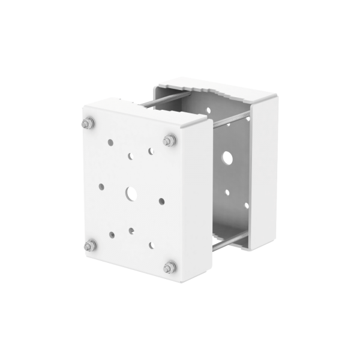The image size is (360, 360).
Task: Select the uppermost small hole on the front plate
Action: tap(110, 143)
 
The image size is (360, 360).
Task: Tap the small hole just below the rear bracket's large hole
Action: tap(227, 193)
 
